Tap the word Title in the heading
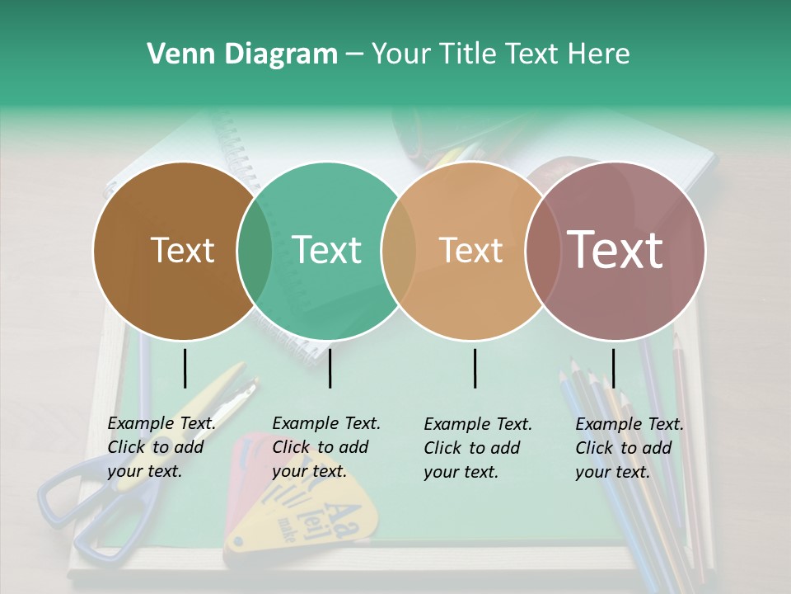[x=466, y=54]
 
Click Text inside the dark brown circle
[x=182, y=250]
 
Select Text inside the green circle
[x=327, y=250]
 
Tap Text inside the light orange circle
[x=471, y=250]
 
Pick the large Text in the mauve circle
[x=615, y=250]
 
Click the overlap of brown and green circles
[x=255, y=251]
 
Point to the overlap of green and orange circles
[x=399, y=251]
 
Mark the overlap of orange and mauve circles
[x=542, y=251]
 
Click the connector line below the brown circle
[x=185, y=368]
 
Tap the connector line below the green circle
[x=330, y=368]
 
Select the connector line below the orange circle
[x=475, y=368]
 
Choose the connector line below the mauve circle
[x=614, y=368]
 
